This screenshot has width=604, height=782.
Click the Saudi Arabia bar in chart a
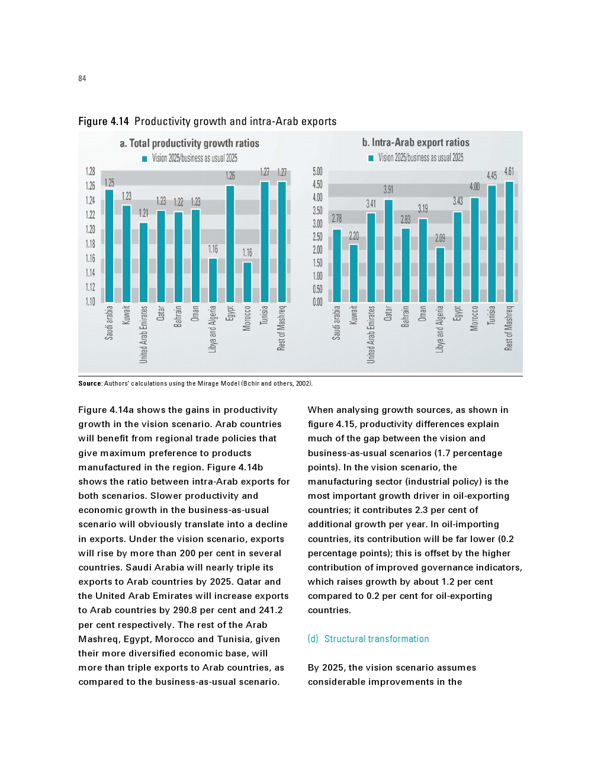pos(109,246)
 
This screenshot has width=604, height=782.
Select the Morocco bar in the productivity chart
pos(247,282)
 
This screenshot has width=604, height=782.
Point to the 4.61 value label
pos(509,171)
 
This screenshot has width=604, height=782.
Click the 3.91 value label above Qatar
pos(388,190)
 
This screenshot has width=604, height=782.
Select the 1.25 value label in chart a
pos(110,182)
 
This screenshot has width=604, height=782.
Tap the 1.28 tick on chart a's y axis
pos(90,171)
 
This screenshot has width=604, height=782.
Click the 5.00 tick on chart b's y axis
pos(317,171)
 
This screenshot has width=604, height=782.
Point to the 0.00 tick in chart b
pos(317,302)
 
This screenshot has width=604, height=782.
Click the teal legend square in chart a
pos(144,159)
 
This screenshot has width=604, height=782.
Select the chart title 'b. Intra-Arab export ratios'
pos(416,142)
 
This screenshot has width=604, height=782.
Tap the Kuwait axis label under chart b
pos(354,315)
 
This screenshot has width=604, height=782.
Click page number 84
pos(82,78)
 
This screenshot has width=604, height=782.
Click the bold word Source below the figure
pos(89,383)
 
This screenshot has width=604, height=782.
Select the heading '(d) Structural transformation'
pos(368,639)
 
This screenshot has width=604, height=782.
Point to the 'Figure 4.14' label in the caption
pos(104,121)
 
